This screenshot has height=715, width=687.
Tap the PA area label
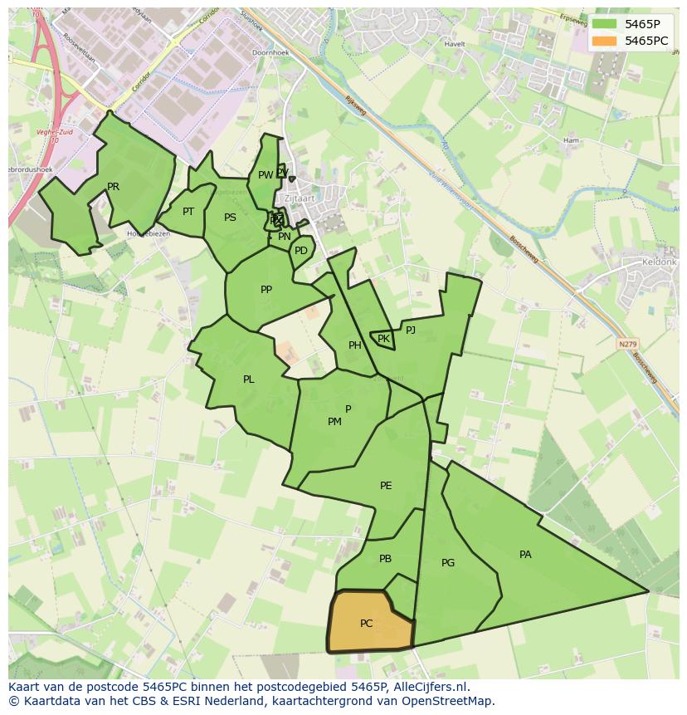click(x=525, y=555)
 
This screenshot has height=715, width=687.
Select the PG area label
click(x=448, y=563)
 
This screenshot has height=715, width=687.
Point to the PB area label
click(x=385, y=559)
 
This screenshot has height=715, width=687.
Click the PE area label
click(x=386, y=486)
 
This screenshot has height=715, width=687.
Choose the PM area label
click(x=334, y=422)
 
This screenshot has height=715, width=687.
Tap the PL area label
click(x=249, y=380)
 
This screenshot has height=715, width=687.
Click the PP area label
click(x=266, y=290)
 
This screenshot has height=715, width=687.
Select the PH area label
click(x=355, y=345)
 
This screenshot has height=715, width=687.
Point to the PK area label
click(x=383, y=339)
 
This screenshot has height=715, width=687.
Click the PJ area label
click(x=411, y=330)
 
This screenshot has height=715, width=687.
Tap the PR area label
click(x=113, y=187)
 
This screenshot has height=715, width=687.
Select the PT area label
click(x=188, y=212)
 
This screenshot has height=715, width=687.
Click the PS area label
click(x=230, y=218)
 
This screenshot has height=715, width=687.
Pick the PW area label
click(x=265, y=175)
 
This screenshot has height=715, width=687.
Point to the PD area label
click(x=301, y=251)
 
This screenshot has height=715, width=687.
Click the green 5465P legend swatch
click(x=605, y=24)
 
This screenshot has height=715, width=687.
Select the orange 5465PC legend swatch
click(x=605, y=41)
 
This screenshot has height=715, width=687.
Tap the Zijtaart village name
click(x=299, y=199)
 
